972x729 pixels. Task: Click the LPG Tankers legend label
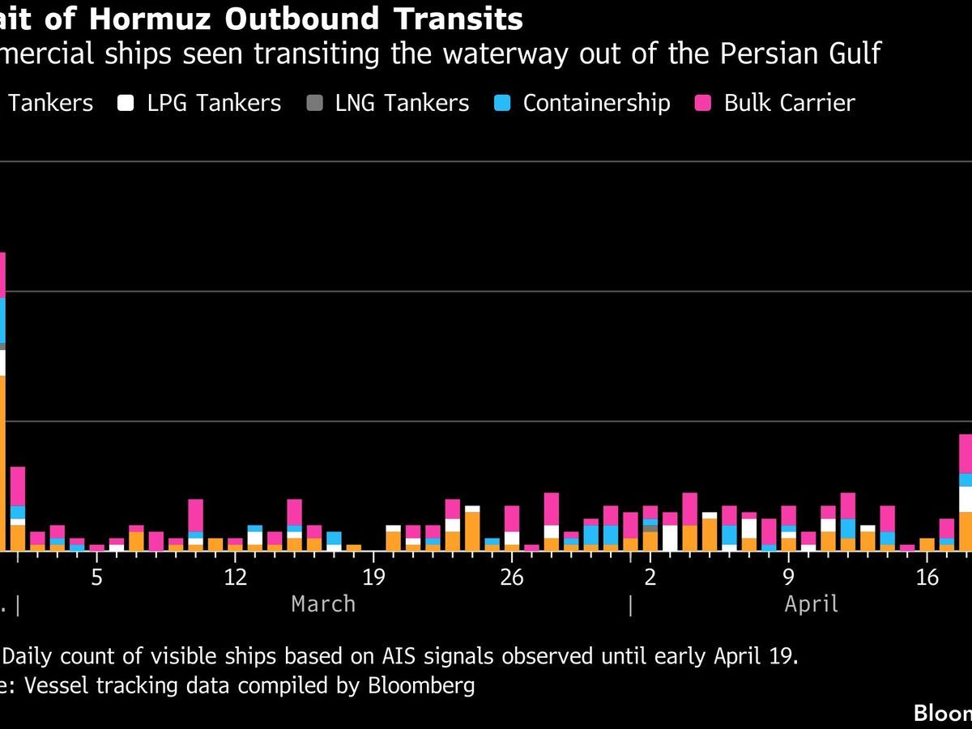(x=214, y=104)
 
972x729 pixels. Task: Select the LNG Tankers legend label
(x=402, y=104)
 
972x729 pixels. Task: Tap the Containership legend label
(x=596, y=104)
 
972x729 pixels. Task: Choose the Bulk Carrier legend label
(x=789, y=104)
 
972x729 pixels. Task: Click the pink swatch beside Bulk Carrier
(x=703, y=104)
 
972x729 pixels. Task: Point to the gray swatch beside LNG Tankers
(x=314, y=104)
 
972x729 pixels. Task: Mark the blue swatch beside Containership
(x=502, y=104)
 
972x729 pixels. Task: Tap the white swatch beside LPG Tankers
(x=126, y=104)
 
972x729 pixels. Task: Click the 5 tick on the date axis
(x=96, y=578)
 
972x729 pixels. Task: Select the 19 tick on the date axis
(x=373, y=578)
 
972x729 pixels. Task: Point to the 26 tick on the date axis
(x=512, y=578)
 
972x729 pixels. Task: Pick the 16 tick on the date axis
(x=927, y=578)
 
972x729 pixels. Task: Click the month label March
(x=323, y=604)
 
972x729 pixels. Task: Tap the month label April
(x=812, y=604)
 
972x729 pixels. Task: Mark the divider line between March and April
(x=630, y=604)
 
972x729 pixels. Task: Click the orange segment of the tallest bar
(x=2, y=462)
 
